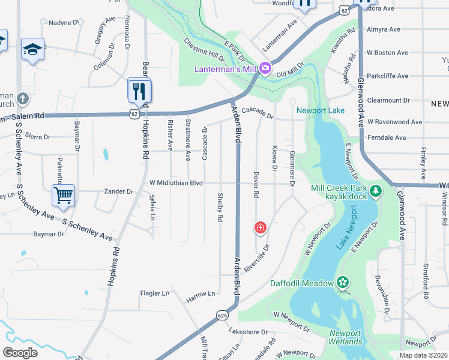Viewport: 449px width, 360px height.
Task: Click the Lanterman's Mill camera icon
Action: pos(265,70)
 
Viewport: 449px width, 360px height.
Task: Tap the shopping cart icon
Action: pos(63,194)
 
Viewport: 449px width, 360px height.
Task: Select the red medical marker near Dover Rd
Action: pos(261,227)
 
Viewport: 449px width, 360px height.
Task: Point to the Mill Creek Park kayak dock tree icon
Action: pos(376,191)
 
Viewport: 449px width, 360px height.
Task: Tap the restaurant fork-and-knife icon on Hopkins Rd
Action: pos(139,91)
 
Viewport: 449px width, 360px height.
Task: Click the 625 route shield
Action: pos(223,314)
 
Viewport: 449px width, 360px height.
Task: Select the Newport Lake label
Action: pos(321,110)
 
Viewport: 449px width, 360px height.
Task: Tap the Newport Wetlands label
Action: pos(345,337)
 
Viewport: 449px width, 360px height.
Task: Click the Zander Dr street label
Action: pos(118,191)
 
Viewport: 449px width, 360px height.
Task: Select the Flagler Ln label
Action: pos(154,293)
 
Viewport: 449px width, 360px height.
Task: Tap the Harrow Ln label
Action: pos(200,294)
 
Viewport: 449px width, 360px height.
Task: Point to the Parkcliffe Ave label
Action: pos(388,76)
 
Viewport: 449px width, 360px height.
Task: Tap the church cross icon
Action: pos(22,98)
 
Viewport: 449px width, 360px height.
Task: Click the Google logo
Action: pos(20,352)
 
